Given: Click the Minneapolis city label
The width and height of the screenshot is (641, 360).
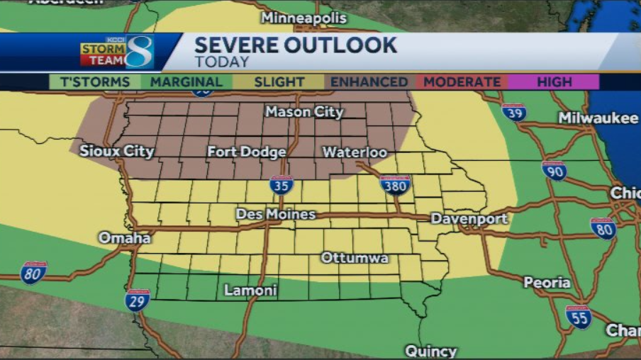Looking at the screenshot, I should tap(303, 18).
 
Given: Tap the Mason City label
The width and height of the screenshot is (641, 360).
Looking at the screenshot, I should tap(304, 112).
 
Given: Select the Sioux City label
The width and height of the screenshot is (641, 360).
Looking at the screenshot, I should tap(116, 151).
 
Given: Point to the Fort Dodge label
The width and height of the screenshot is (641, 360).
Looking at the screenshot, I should tap(247, 152).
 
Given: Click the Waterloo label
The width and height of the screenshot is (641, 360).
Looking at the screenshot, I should tap(355, 152).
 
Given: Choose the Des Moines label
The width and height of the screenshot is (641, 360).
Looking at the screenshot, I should tap(276, 214).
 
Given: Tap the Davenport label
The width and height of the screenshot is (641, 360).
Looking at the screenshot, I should tap(469, 219).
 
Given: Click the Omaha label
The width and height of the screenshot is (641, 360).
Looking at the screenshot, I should tap(124, 238).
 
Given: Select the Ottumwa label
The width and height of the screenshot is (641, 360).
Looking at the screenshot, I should tap(355, 258).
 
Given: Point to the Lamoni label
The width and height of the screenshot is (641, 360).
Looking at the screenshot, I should tap(250, 291).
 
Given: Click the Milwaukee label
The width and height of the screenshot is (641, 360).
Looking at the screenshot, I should tap(598, 118).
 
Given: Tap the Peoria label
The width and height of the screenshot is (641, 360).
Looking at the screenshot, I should tap(547, 283).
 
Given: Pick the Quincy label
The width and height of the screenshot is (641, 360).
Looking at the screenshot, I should tap(430, 351).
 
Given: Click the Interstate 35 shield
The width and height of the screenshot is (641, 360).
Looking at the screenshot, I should tap(282, 186).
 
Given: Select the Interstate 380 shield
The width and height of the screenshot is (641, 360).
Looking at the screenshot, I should tap(395, 185).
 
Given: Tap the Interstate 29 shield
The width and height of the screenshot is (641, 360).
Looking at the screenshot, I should tap(138, 300).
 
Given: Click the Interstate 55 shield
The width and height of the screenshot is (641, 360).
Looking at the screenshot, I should tap(579, 317).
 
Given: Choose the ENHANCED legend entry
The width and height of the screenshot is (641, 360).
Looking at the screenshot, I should tap(369, 82).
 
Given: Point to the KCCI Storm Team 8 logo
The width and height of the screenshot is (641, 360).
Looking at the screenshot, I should tap(117, 52).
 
